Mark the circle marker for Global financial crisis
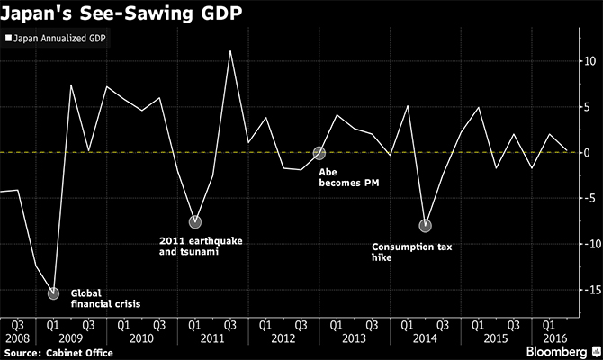53,292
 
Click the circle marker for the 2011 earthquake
195,221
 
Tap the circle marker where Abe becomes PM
319,153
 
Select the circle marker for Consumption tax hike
425,225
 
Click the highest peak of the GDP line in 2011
230,51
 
